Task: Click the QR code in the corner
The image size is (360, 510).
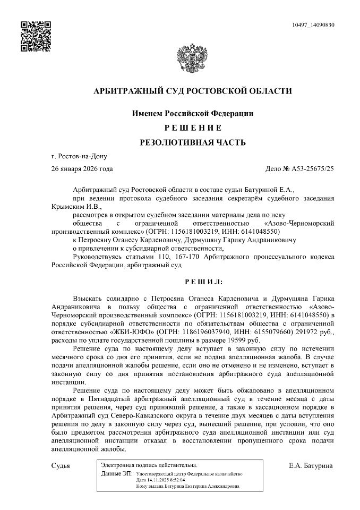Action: coord(36,36)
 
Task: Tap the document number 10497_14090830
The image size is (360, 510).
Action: coord(313,25)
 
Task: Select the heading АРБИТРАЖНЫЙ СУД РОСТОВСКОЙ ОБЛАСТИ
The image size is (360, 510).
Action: coord(192,91)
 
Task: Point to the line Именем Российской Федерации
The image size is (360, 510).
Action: coord(192,113)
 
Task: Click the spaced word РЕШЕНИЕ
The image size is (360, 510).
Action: coord(192,128)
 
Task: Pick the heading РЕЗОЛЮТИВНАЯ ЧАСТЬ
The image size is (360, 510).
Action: coord(192,142)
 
